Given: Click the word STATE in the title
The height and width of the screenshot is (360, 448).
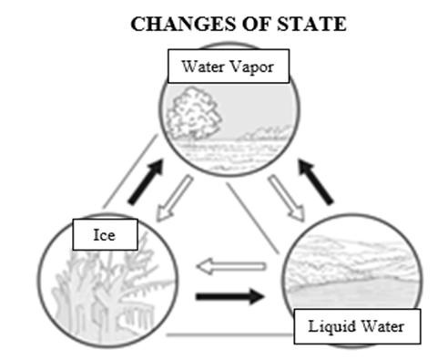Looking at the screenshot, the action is point(311,24).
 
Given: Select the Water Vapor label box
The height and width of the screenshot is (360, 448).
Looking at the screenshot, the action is point(229,66).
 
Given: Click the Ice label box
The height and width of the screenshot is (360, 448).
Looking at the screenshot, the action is point(106,234).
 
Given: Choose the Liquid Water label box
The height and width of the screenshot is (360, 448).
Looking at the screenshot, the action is point(357,326).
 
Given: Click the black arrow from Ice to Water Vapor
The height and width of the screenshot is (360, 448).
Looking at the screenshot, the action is point(146,182).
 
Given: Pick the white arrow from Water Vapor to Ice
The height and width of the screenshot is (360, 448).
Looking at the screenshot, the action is point(174,198).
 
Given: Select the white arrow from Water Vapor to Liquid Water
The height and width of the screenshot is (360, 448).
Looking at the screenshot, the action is point(287,198).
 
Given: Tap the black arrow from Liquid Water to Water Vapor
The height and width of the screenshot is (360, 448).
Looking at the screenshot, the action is point(316,181).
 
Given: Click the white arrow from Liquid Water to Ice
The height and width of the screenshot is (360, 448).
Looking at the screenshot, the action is point(231,266).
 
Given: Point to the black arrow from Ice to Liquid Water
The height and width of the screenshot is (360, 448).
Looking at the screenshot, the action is point(230,296).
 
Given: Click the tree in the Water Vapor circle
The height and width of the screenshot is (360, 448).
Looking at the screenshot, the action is point(194,114).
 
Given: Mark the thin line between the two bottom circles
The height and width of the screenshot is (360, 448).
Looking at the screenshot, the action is point(229,334).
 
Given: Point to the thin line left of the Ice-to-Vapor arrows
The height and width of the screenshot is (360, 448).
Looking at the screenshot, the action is point(130,171).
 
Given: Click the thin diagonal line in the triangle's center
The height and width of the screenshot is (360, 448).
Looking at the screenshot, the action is point(252,218).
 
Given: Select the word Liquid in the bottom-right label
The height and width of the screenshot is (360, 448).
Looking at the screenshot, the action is point(332,327).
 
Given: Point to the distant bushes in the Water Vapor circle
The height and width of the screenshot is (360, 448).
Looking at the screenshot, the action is point(266,134).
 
